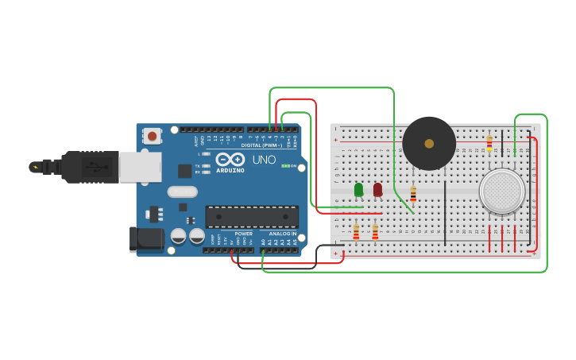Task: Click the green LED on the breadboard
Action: [358, 189]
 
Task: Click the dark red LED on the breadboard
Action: [377, 189]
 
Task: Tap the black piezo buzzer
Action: [429, 143]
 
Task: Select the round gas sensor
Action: [502, 192]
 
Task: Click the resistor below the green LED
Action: [356, 231]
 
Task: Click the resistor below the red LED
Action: [375, 231]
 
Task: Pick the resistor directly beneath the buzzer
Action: [413, 193]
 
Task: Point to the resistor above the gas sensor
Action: [489, 142]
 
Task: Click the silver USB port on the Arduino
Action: [140, 167]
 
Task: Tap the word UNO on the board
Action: [264, 160]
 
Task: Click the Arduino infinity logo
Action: [230, 160]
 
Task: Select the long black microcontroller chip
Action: [252, 216]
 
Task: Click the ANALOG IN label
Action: [282, 234]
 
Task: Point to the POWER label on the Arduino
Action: [243, 234]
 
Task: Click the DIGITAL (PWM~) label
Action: [262, 145]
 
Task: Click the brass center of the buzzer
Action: [429, 144]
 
